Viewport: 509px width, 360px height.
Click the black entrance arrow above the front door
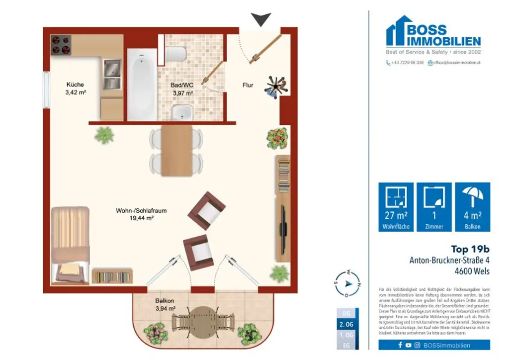click(x=260, y=19)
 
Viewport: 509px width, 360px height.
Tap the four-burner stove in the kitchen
click(x=61, y=44)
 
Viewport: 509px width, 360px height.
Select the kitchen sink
click(x=112, y=73)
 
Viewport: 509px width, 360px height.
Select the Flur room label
click(x=248, y=85)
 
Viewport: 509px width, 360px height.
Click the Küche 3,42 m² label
click(x=76, y=88)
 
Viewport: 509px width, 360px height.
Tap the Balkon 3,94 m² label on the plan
click(x=165, y=304)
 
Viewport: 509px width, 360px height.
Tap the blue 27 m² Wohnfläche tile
click(x=396, y=206)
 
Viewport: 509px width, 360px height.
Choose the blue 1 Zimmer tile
click(x=434, y=206)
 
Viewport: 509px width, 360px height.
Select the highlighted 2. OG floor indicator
click(x=346, y=324)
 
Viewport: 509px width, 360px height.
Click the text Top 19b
click(x=470, y=249)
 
